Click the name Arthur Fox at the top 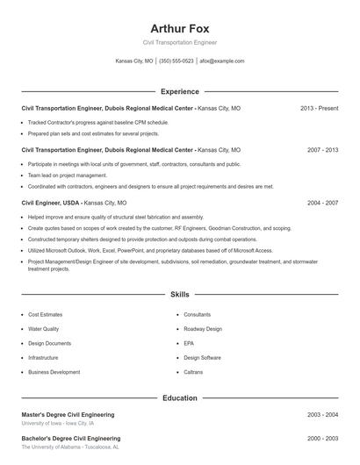[x=179, y=28]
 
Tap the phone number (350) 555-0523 [x=176, y=61]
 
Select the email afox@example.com [x=221, y=61]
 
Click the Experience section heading [x=179, y=91]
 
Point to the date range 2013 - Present [x=319, y=108]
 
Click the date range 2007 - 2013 [x=322, y=150]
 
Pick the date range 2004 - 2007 [x=322, y=202]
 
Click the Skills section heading [x=179, y=294]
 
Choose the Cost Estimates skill [x=45, y=314]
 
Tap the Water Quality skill [x=43, y=329]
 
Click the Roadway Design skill [x=203, y=329]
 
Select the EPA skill [x=189, y=343]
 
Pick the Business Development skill [x=54, y=372]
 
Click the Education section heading [x=179, y=397]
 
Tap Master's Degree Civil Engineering [x=68, y=414]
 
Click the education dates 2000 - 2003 [x=322, y=438]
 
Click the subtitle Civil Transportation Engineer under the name [x=179, y=42]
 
